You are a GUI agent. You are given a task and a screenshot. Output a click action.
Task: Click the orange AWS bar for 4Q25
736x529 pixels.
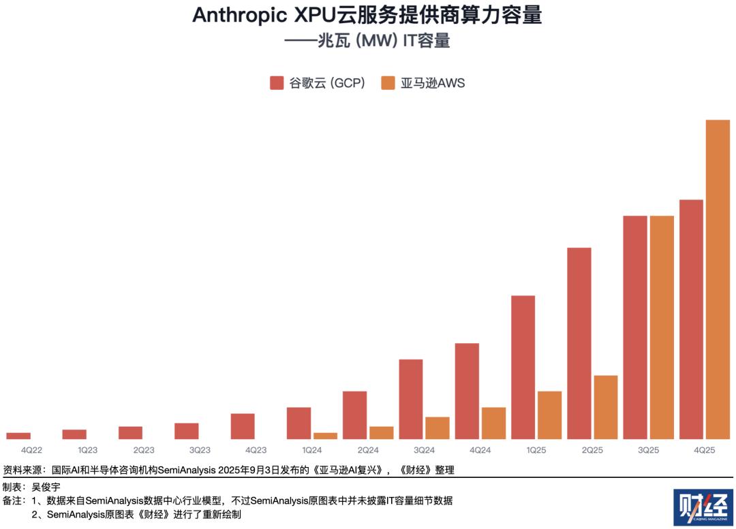(x=718, y=279)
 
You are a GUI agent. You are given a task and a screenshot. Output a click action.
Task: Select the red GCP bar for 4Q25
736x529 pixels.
(x=691, y=319)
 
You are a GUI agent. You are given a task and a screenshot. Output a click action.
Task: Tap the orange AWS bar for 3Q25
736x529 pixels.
(x=662, y=327)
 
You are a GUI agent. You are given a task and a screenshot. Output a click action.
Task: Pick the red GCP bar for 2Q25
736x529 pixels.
(x=579, y=343)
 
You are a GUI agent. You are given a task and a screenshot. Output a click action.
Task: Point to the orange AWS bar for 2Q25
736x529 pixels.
(x=606, y=407)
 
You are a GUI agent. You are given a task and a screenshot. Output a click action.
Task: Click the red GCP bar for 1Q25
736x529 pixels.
(x=523, y=367)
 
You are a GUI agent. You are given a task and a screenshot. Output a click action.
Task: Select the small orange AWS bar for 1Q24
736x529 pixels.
(x=325, y=436)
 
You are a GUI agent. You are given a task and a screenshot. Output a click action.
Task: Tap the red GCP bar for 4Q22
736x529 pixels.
(x=18, y=436)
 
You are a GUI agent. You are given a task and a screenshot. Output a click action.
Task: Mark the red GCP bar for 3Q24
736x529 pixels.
(x=411, y=399)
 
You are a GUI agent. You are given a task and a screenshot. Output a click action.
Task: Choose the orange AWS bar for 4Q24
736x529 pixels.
(x=493, y=423)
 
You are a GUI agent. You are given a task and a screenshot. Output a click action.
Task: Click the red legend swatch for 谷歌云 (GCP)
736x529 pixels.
(x=277, y=83)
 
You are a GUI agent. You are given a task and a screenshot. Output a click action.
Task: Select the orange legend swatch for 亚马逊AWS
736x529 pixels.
(x=388, y=83)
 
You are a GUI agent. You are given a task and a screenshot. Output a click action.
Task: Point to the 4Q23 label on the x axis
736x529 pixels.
(x=256, y=450)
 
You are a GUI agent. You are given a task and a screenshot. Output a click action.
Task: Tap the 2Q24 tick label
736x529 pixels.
(x=368, y=450)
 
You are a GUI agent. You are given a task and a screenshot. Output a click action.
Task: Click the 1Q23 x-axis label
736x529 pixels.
(x=87, y=450)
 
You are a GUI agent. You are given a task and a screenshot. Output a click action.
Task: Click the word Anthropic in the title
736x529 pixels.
(x=237, y=16)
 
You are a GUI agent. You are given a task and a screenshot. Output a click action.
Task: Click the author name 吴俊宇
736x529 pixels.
(x=46, y=487)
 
